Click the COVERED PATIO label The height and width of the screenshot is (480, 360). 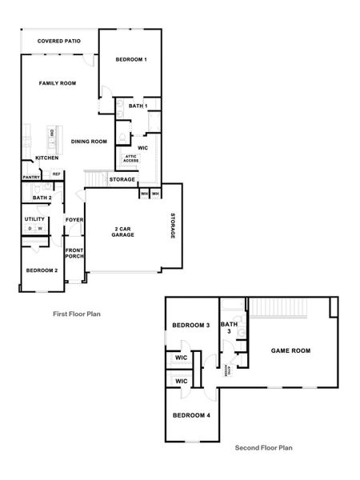pyautogui.click(x=58, y=40)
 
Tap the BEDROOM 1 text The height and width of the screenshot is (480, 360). pyautogui.click(x=130, y=60)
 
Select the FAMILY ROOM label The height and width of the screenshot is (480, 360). pyautogui.click(x=58, y=83)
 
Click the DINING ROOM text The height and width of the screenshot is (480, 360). pyautogui.click(x=89, y=142)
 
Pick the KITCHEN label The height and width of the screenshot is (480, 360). pyautogui.click(x=46, y=158)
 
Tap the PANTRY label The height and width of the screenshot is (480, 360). pyautogui.click(x=31, y=177)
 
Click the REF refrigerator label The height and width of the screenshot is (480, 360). pyautogui.click(x=57, y=174)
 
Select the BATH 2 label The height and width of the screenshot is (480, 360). pyautogui.click(x=42, y=197)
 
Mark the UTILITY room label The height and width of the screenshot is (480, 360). pyautogui.click(x=34, y=218)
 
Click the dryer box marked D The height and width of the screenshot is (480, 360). pyautogui.click(x=30, y=229)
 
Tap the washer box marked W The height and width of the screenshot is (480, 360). pyautogui.click(x=39, y=229)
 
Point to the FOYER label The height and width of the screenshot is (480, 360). pyautogui.click(x=74, y=219)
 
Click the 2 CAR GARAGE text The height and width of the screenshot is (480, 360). pyautogui.click(x=122, y=233)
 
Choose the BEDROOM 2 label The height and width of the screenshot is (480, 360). pyautogui.click(x=42, y=270)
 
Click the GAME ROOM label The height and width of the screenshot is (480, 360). pyautogui.click(x=290, y=350)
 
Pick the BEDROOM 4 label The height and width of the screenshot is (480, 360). pyautogui.click(x=191, y=415)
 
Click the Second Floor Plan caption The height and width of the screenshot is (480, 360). pyautogui.click(x=263, y=449)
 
